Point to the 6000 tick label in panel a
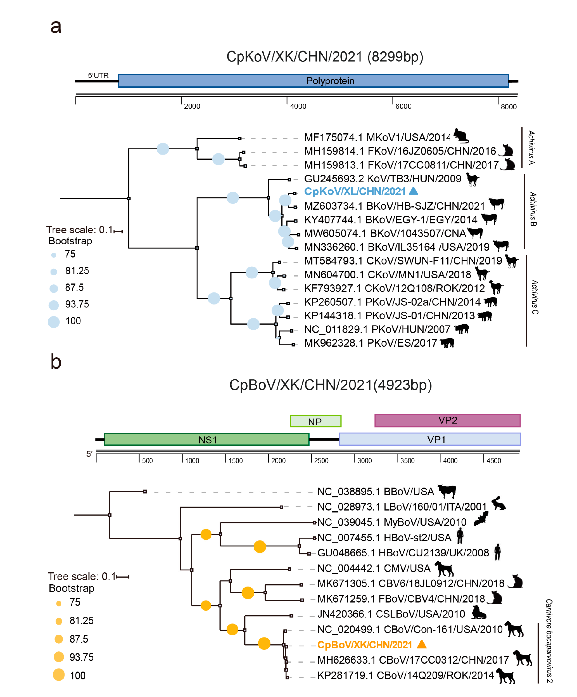(403, 106)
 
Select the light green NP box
(315, 421)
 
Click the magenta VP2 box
(447, 420)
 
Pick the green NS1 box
(206, 440)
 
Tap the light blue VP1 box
(430, 440)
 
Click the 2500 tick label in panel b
(321, 461)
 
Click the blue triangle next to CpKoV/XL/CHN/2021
(414, 191)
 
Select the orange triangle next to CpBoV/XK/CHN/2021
(421, 644)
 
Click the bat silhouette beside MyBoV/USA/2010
(480, 519)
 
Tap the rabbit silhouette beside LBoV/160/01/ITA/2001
(498, 504)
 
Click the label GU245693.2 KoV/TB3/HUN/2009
(382, 179)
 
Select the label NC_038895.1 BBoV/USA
(375, 492)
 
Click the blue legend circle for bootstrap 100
(54, 322)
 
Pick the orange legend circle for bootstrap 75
(59, 603)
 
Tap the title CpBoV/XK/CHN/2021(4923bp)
(330, 385)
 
